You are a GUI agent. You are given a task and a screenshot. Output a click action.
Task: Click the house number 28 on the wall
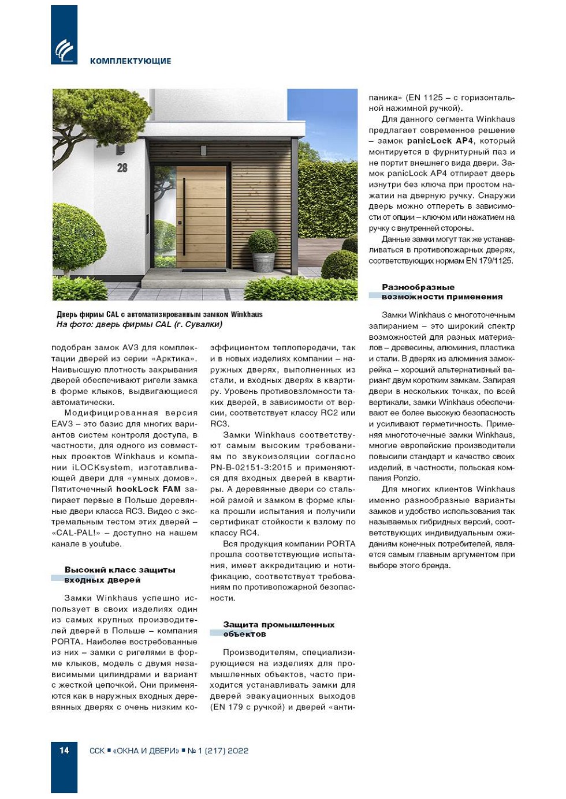click(x=122, y=168)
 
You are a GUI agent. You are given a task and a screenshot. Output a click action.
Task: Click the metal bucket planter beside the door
click(x=263, y=261)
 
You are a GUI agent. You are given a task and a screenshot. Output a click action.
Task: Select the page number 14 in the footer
click(x=64, y=751)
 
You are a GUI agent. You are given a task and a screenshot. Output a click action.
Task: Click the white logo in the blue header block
click(x=64, y=51)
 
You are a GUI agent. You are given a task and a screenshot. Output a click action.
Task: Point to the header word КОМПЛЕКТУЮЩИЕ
click(x=131, y=61)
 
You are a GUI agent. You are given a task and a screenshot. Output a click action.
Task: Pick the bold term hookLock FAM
click(x=148, y=489)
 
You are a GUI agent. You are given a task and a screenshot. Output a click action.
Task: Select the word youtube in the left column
click(x=105, y=544)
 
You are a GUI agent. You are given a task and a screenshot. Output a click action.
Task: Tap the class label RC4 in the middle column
click(x=249, y=533)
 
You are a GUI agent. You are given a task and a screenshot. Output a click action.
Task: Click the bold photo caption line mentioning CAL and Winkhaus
click(x=159, y=314)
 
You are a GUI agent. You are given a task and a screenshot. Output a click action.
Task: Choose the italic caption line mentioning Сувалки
click(x=139, y=325)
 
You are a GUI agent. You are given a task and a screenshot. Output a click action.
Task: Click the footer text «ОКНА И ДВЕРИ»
click(x=146, y=751)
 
